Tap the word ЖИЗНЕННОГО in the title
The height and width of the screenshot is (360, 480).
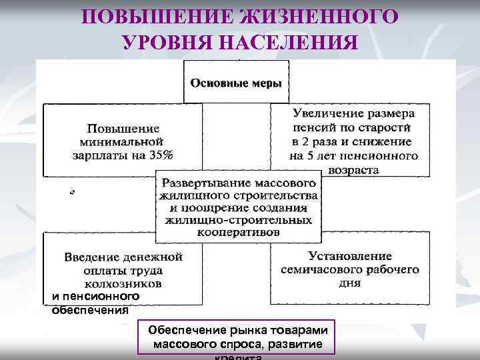point(324,16)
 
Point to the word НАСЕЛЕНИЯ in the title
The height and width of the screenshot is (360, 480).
point(296,42)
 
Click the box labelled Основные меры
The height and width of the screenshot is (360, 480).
point(235,83)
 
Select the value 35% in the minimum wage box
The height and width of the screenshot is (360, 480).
point(160,155)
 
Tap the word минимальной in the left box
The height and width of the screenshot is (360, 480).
point(121,141)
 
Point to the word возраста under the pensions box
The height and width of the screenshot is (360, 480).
point(353,169)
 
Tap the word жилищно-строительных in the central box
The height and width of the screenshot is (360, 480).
point(238,220)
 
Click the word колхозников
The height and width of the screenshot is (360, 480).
point(123,283)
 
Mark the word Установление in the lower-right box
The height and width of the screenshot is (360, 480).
point(350,256)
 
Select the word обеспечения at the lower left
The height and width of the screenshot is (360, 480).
point(90,309)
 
